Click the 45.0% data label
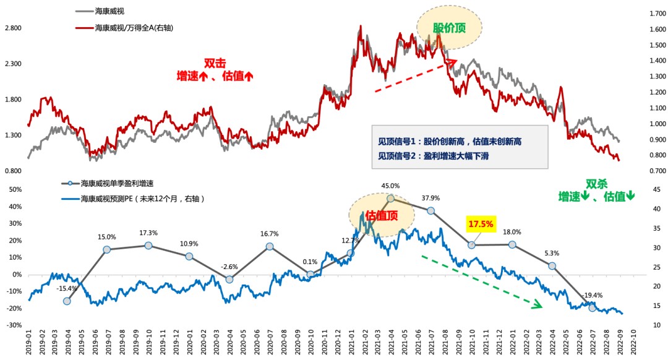coord(390,186)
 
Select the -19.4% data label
coord(593,295)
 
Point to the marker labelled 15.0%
coord(107,249)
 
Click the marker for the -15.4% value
coord(67,301)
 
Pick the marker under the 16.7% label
coord(270,246)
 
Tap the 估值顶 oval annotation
coord(380,215)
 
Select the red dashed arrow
coord(415,75)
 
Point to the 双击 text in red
coord(213,63)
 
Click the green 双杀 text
coord(596,184)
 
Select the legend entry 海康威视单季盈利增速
coord(117,183)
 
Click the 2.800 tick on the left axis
coord(13,28)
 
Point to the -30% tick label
coord(14,325)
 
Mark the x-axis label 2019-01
coord(28,343)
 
